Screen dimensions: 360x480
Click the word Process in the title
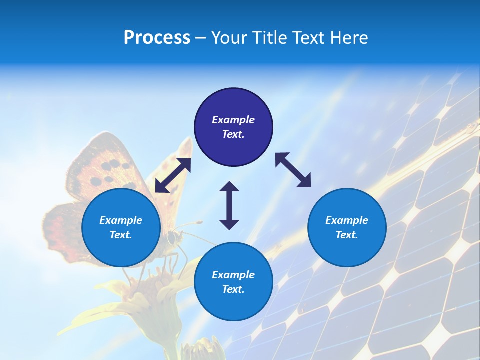tap(157, 38)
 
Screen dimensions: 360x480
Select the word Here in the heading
tap(349, 38)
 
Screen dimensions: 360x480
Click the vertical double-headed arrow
tap(229, 205)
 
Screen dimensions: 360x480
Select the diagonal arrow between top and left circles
tap(173, 175)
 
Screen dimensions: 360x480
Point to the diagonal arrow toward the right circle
tap(293, 170)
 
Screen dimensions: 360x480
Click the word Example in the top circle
tap(233, 120)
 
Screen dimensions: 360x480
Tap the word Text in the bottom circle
tap(232, 289)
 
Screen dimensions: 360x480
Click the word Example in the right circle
tap(347, 220)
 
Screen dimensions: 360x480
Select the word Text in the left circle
tap(120, 235)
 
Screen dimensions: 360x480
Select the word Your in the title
tap(228, 38)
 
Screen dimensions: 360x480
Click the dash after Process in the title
tap(201, 38)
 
